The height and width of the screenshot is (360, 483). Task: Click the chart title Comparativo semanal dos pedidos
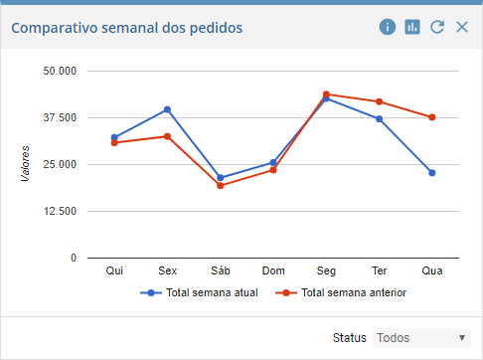click(126, 28)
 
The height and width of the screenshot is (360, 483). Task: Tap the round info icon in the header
click(388, 28)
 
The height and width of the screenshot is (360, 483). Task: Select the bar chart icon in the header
click(412, 28)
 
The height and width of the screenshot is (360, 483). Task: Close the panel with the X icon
click(461, 28)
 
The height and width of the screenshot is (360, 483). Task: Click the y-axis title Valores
click(25, 163)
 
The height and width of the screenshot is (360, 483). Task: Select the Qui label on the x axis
click(114, 270)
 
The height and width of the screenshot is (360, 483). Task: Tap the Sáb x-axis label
click(221, 270)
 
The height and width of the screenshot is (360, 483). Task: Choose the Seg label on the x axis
click(326, 270)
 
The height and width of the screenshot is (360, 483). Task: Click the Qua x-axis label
click(432, 270)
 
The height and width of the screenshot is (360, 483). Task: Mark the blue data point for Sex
click(168, 109)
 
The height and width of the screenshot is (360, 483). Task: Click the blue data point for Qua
click(432, 173)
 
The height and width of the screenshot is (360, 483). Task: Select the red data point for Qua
click(432, 117)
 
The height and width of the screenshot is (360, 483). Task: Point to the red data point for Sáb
click(221, 186)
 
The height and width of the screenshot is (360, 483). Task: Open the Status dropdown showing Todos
click(421, 338)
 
